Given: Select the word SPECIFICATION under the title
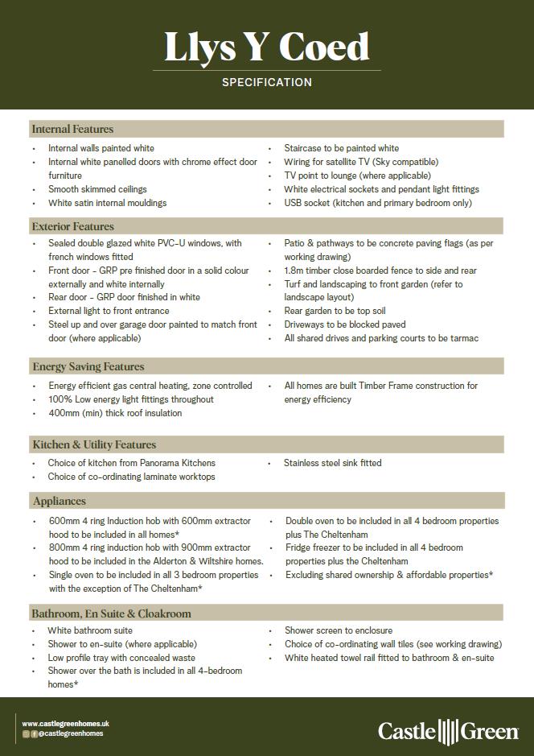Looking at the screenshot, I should pos(266,82).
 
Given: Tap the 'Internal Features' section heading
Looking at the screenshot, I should pos(72,129).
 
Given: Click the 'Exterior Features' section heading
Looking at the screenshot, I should pos(72,226).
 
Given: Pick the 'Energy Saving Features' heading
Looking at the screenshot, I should pos(88,366).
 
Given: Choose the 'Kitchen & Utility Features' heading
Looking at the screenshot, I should pos(94,444).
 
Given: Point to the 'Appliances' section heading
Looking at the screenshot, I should pos(59,501).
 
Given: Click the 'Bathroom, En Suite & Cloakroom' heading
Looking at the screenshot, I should pos(111,613).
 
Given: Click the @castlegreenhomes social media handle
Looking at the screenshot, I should pos(72,733).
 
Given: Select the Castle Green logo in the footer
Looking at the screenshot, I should pos(448,731).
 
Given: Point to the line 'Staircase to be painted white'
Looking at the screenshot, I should pos(341,148).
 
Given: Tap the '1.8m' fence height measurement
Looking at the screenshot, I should pos(294,271).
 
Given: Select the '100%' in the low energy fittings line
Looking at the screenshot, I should pos(60,399).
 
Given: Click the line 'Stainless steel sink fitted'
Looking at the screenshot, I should pos(332,463).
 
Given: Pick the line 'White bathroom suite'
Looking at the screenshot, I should pos(90,630).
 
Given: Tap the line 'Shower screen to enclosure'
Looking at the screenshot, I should pos(339,630).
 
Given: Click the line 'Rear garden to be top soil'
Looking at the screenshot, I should pos(335,311).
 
